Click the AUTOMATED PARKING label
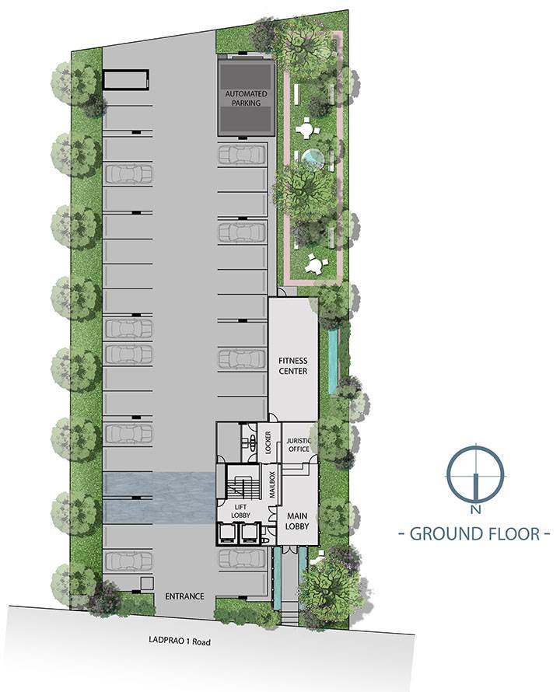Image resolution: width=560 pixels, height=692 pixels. [246, 99]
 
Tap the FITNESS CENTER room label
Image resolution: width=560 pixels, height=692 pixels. [292, 366]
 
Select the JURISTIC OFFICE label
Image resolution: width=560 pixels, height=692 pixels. [299, 445]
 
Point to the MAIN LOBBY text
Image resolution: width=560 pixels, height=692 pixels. [297, 521]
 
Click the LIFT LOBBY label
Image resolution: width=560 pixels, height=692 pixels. [240, 512]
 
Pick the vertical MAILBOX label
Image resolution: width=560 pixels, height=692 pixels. [272, 484]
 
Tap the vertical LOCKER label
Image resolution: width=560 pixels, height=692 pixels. [268, 442]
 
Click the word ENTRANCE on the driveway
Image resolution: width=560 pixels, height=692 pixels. [184, 596]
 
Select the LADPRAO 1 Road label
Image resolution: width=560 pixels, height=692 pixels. [179, 641]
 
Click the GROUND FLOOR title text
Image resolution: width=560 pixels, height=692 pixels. [474, 533]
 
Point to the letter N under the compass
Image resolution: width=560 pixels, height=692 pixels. [475, 510]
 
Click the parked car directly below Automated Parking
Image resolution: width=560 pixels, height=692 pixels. [242, 155]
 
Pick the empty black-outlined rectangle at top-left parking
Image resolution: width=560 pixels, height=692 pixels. [126, 79]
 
